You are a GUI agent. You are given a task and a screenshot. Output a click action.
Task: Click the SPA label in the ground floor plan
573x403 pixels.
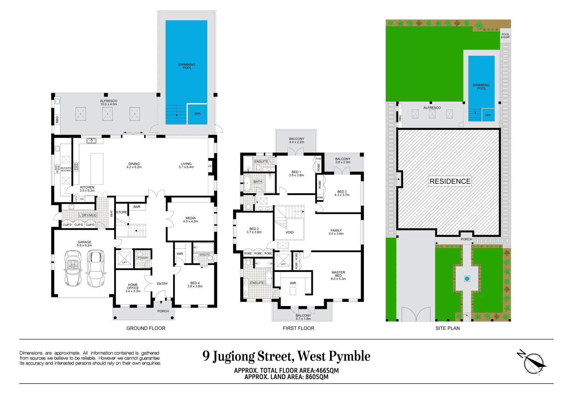(x=197, y=114)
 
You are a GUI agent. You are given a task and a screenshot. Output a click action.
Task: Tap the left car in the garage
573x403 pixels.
(x=73, y=268)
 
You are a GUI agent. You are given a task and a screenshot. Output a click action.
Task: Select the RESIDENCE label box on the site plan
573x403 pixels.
(x=450, y=181)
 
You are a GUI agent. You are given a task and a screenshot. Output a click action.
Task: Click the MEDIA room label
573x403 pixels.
(x=191, y=220)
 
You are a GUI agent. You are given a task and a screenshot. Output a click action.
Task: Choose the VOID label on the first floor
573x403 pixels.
(x=290, y=232)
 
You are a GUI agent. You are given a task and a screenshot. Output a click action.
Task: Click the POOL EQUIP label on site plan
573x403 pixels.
(x=505, y=36)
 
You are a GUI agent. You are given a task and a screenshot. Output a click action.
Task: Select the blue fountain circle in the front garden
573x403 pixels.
(x=467, y=278)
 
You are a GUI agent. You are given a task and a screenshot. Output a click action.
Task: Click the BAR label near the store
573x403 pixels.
(x=137, y=207)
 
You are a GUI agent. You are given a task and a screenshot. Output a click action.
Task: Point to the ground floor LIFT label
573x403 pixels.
(x=125, y=262)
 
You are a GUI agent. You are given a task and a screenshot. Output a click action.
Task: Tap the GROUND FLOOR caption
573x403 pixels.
(x=146, y=328)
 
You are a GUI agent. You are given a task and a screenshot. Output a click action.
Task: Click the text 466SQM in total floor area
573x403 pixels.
(x=327, y=371)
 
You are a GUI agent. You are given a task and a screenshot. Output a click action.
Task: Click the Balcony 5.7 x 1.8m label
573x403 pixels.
(x=303, y=317)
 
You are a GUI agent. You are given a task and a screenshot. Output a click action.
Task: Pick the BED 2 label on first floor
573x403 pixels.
(x=254, y=231)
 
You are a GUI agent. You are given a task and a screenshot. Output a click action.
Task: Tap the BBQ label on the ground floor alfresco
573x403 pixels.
(x=57, y=120)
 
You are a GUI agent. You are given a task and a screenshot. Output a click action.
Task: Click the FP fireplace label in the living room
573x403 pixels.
(x=210, y=166)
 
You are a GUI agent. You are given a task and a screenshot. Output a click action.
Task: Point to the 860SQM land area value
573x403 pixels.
(x=317, y=377)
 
